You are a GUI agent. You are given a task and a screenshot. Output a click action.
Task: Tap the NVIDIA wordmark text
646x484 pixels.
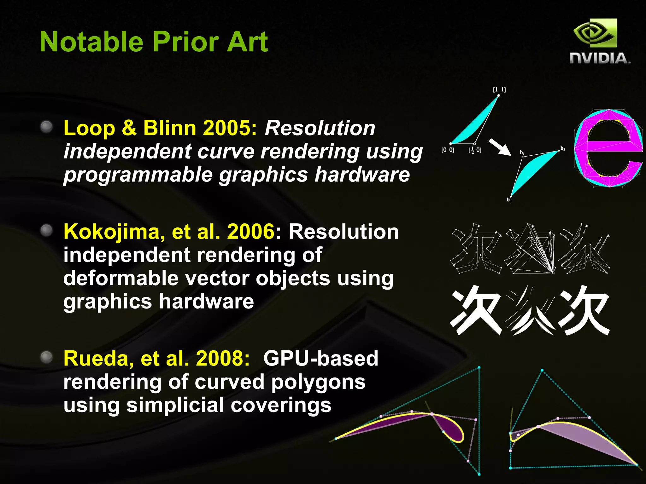(599, 59)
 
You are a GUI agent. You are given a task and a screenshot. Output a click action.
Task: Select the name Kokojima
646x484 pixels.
(114, 232)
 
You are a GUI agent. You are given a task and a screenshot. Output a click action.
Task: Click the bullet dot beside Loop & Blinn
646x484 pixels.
(47, 127)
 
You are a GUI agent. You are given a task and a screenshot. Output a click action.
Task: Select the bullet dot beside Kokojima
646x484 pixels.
(47, 230)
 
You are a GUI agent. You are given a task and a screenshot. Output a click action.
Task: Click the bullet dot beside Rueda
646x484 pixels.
(47, 357)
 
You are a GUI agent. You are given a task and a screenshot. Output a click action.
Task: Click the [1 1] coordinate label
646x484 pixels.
(499, 90)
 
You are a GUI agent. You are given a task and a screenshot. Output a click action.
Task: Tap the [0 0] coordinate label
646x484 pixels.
(448, 150)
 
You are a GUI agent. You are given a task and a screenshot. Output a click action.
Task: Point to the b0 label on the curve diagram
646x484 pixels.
(509, 200)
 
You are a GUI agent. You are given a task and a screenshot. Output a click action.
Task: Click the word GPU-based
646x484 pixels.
(320, 359)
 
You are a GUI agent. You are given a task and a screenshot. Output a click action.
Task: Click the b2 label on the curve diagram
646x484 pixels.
(563, 148)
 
